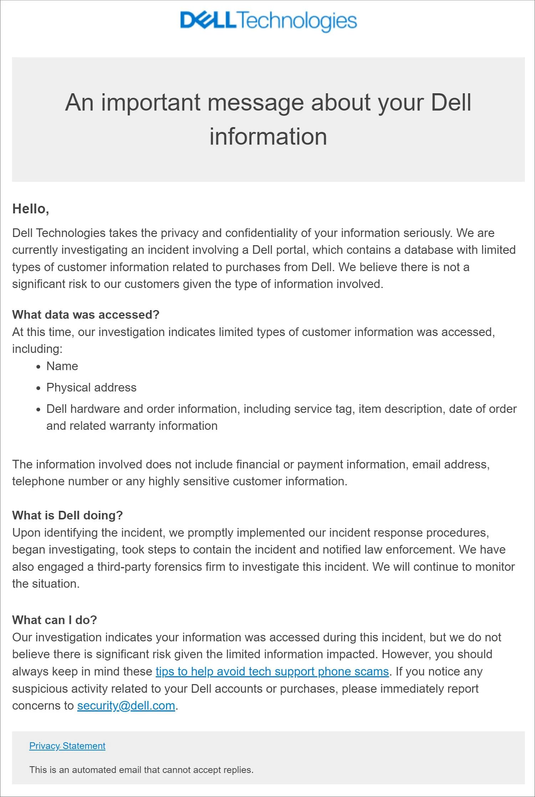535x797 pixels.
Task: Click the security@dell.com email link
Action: (x=126, y=705)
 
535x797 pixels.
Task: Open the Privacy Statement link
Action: (x=67, y=746)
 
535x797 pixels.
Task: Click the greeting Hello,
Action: (x=31, y=209)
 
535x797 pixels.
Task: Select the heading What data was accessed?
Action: (x=86, y=315)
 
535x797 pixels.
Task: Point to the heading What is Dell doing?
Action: (x=67, y=515)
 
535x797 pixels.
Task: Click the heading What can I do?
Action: (x=55, y=620)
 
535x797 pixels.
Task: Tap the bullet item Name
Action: (x=62, y=366)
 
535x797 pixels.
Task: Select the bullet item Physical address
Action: (x=91, y=388)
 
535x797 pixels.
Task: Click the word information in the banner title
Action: (x=268, y=137)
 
